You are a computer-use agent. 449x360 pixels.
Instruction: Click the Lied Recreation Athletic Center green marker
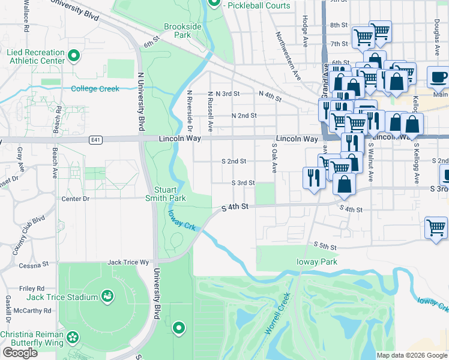point(74,56)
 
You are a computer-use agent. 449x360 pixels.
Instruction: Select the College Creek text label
point(95,89)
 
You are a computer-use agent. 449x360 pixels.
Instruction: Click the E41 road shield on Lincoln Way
point(94,139)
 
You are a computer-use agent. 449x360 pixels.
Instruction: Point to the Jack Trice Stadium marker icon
point(107,296)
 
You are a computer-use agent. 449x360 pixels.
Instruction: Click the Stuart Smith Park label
point(165,193)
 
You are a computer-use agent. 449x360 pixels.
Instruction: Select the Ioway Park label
point(316,262)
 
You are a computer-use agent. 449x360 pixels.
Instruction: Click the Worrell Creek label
point(279,313)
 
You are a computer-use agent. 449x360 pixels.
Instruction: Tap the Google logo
point(20,352)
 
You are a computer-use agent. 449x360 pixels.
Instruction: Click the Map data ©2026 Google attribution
point(412,355)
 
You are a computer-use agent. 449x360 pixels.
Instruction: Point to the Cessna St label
point(33,265)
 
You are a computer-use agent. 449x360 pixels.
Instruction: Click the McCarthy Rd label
point(32,311)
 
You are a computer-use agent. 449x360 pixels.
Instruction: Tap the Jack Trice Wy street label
point(127,262)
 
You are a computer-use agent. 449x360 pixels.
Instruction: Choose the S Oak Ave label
point(275,158)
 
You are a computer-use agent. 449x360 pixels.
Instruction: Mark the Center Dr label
point(75,199)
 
